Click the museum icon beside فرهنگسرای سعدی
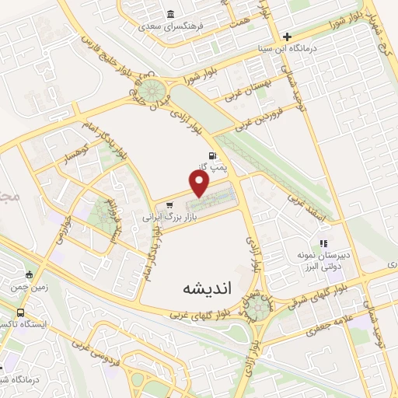tap(170, 13)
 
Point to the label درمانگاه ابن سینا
tap(288, 48)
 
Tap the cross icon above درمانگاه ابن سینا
tap(287, 37)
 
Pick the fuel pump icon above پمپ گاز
tap(212, 154)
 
